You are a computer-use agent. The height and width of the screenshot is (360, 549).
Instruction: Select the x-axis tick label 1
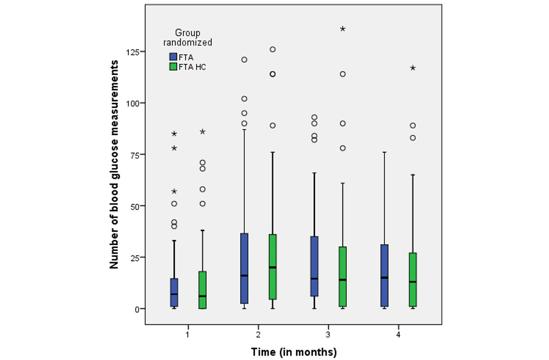[x=188, y=334]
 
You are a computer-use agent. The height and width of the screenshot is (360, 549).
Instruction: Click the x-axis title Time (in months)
[x=294, y=352]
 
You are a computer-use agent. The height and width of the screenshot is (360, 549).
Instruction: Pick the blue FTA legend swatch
[x=173, y=57]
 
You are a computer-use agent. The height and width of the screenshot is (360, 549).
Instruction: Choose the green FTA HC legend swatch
[x=173, y=67]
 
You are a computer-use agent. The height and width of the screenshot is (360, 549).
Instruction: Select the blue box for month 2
[x=244, y=268]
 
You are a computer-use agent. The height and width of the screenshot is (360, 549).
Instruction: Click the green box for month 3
[x=343, y=276]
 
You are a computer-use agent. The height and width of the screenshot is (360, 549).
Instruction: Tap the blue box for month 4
[x=384, y=275]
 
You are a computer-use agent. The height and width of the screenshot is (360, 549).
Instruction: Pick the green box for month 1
[x=202, y=290]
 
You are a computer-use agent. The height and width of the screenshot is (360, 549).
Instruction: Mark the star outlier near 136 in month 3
[x=343, y=29]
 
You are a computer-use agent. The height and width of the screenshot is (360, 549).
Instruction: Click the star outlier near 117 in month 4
[x=413, y=68]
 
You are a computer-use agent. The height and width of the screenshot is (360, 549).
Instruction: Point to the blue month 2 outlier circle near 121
[x=244, y=59]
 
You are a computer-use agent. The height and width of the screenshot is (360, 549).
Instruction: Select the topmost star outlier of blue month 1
[x=174, y=134]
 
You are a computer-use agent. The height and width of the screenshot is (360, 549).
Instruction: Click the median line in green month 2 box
[x=273, y=267]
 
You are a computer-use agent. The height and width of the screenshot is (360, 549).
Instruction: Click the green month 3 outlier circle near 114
[x=343, y=74]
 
